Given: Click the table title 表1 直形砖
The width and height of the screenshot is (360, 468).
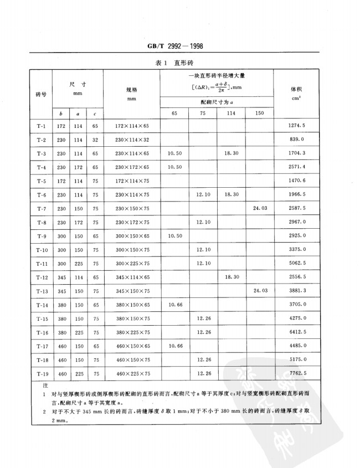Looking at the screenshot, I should pyautogui.click(x=179, y=63).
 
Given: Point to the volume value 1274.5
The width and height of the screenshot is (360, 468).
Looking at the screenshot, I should pyautogui.click(x=297, y=126).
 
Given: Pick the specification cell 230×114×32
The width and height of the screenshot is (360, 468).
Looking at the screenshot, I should pyautogui.click(x=131, y=139).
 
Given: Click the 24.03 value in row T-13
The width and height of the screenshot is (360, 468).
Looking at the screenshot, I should pyautogui.click(x=260, y=290).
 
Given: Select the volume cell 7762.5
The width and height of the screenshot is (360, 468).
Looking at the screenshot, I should pyautogui.click(x=297, y=373).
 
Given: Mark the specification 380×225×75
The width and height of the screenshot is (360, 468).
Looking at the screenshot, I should pyautogui.click(x=131, y=332).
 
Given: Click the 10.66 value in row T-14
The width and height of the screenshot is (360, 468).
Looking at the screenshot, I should pyautogui.click(x=174, y=304).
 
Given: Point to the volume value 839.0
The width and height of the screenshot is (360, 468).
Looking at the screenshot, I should pyautogui.click(x=297, y=139).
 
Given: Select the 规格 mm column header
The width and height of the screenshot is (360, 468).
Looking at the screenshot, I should pyautogui.click(x=131, y=92).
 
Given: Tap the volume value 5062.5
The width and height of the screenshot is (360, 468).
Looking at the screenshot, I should pyautogui.click(x=297, y=263).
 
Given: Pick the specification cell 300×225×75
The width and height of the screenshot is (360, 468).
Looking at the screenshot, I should pyautogui.click(x=131, y=263).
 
